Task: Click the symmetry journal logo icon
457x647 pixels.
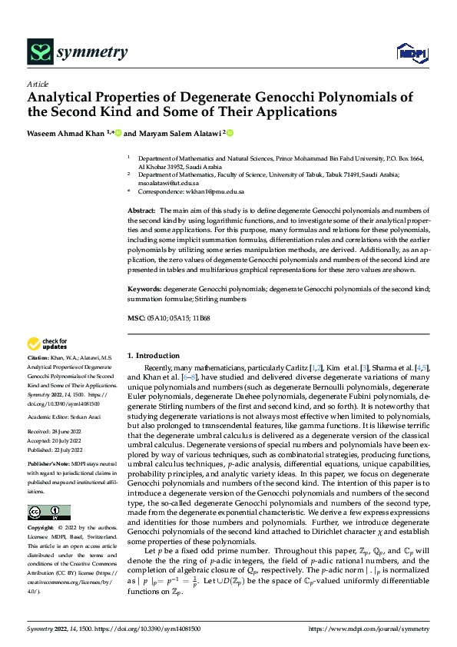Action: [x=40, y=51]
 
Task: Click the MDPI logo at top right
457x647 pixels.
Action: [x=411, y=51]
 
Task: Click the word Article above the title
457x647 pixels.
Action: [x=38, y=84]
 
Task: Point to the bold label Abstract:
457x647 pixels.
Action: [x=142, y=210]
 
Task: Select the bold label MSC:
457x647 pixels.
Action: [x=136, y=317]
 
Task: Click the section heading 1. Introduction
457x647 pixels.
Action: [x=157, y=356]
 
